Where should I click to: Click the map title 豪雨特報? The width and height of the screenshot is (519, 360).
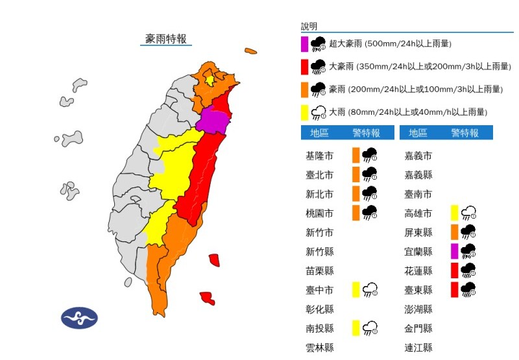[x=166, y=39]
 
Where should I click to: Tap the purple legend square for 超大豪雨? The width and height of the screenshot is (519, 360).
[x=304, y=44]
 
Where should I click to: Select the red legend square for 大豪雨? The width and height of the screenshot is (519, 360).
[x=304, y=66]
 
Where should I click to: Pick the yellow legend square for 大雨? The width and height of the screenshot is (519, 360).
[x=304, y=112]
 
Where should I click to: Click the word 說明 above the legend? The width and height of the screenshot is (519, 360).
[x=309, y=27]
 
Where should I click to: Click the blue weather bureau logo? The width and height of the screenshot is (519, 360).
[x=79, y=318]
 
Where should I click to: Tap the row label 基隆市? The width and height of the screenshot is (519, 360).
[x=319, y=156]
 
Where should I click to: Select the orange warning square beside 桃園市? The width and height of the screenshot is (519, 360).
[x=356, y=213]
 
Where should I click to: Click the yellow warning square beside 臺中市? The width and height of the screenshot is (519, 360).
[x=356, y=289]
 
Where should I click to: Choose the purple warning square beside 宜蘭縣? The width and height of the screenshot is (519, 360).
[x=455, y=251]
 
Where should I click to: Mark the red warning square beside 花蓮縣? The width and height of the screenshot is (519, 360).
[x=455, y=270]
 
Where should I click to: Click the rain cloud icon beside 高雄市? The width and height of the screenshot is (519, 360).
[x=469, y=213]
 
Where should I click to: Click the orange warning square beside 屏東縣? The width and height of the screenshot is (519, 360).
[x=455, y=232]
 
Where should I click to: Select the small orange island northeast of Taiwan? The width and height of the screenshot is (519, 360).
[x=250, y=51]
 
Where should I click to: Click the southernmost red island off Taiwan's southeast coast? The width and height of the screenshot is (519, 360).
[x=207, y=298]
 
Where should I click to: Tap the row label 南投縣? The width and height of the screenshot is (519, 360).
[x=319, y=328]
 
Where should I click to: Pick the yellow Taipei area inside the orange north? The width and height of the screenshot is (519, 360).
[x=210, y=79]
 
